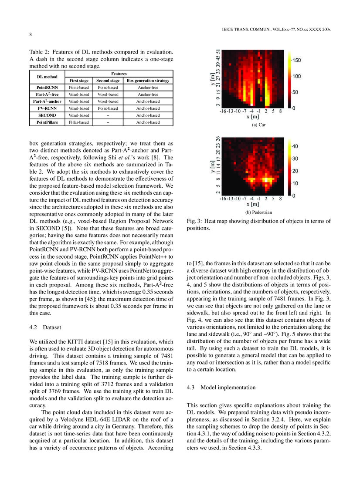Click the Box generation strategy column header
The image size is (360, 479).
[148, 81]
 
